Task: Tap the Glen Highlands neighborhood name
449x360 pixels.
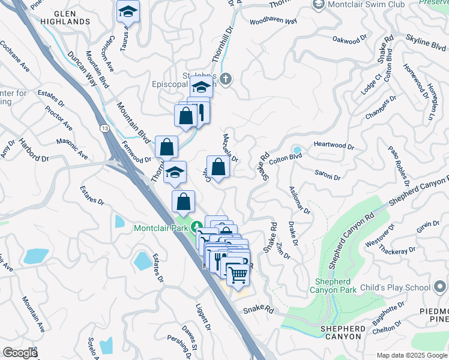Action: [71, 17]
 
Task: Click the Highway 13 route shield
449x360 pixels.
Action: [105, 128]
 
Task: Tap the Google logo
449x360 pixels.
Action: [20, 353]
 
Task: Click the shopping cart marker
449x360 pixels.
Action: [238, 275]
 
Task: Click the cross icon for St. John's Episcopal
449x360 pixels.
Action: [226, 79]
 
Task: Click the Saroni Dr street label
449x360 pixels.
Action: [327, 176]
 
